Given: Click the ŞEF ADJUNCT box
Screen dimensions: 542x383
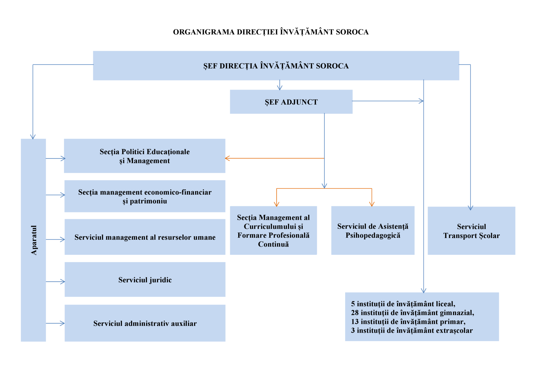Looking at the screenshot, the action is [291, 102].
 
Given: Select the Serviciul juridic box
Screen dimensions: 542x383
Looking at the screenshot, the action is [145, 279].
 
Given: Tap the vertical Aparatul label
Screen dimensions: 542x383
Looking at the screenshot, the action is [34, 240].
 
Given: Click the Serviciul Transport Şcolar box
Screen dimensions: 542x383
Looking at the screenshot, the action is [471, 231].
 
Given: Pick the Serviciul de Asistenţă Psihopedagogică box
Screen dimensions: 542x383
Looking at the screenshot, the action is [373, 230].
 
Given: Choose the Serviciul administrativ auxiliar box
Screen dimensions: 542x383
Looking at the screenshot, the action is [145, 323].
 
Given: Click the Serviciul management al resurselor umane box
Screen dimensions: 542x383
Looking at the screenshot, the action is [145, 237].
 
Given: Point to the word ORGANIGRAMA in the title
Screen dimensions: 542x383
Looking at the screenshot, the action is [204, 32].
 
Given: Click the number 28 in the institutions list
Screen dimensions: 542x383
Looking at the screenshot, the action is [355, 313].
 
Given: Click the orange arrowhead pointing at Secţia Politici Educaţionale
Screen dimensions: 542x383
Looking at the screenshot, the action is [227, 158].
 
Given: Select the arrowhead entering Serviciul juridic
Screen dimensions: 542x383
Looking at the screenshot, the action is [63, 282].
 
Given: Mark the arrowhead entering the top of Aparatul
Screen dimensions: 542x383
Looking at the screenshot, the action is [33, 137].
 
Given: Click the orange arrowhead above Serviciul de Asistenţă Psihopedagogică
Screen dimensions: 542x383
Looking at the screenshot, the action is [372, 204].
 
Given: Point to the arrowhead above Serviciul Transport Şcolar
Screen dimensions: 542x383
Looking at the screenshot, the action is [471, 208].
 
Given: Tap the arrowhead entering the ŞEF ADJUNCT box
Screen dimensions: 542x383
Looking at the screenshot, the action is [280, 88].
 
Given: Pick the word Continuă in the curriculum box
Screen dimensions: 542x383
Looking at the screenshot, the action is [273, 244].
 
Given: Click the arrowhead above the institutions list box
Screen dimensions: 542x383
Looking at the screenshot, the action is [424, 291].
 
